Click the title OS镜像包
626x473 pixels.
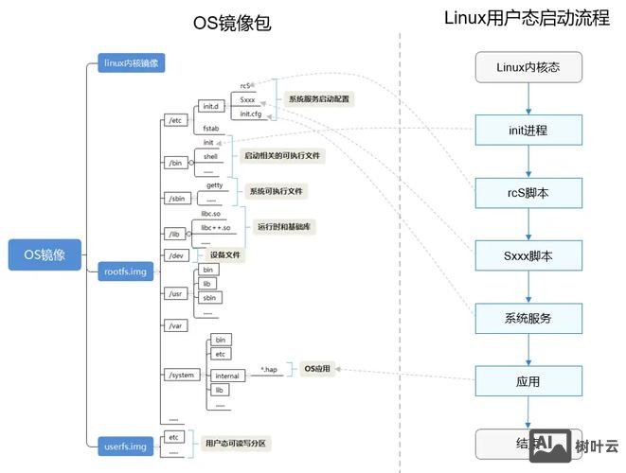point(232,24)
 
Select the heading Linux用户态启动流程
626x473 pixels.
point(527,18)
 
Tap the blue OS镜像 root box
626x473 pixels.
point(45,254)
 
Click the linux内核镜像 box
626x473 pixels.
point(132,63)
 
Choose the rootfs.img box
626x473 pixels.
point(125,272)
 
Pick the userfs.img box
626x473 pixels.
point(125,445)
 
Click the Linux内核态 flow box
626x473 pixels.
point(528,67)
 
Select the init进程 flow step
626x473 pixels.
point(528,130)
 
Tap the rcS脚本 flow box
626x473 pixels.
point(528,192)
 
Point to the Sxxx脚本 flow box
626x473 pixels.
point(528,255)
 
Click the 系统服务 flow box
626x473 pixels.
point(528,318)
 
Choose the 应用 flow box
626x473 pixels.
point(528,381)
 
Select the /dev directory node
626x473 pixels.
point(175,255)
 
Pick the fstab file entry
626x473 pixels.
point(211,126)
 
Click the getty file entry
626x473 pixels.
point(215,185)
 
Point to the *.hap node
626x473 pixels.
point(269,369)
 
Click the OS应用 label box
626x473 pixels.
point(317,369)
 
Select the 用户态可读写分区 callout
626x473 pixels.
point(235,442)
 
